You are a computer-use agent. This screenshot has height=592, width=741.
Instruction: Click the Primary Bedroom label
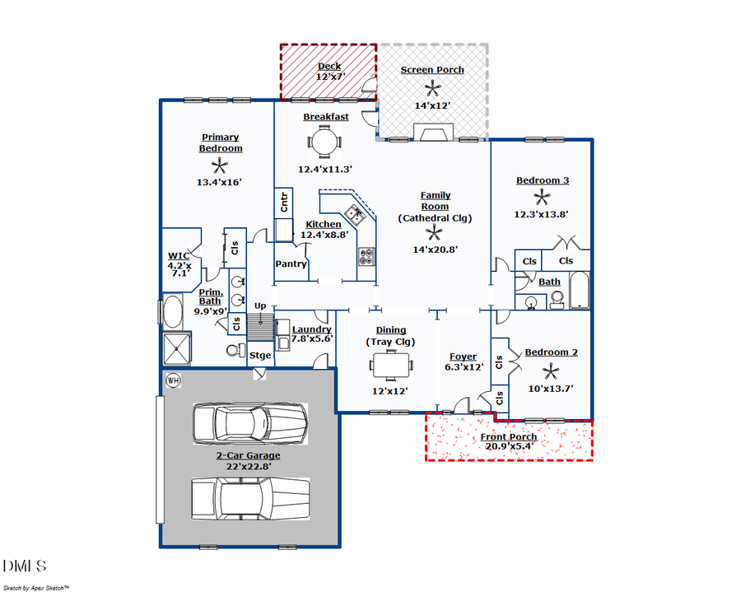click(221, 142)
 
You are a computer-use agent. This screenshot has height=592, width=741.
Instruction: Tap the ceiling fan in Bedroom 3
click(542, 197)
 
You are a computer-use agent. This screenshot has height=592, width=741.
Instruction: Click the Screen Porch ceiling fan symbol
click(432, 88)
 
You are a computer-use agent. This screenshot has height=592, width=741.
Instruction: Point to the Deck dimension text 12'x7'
click(329, 77)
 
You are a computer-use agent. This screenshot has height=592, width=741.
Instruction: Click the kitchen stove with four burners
click(366, 257)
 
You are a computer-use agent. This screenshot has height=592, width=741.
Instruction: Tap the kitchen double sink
click(356, 215)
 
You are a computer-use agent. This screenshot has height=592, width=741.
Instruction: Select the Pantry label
click(291, 264)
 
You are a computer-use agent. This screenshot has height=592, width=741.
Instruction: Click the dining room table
click(390, 363)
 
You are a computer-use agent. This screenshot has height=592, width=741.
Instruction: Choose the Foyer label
click(463, 357)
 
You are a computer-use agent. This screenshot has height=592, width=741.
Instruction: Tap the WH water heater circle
click(173, 380)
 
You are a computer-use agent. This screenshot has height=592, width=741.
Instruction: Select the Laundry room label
click(311, 329)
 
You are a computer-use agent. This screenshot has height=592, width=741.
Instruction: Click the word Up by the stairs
click(259, 306)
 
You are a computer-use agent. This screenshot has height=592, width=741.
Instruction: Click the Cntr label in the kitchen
click(285, 202)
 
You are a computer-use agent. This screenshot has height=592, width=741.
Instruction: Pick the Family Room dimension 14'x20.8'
click(435, 249)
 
